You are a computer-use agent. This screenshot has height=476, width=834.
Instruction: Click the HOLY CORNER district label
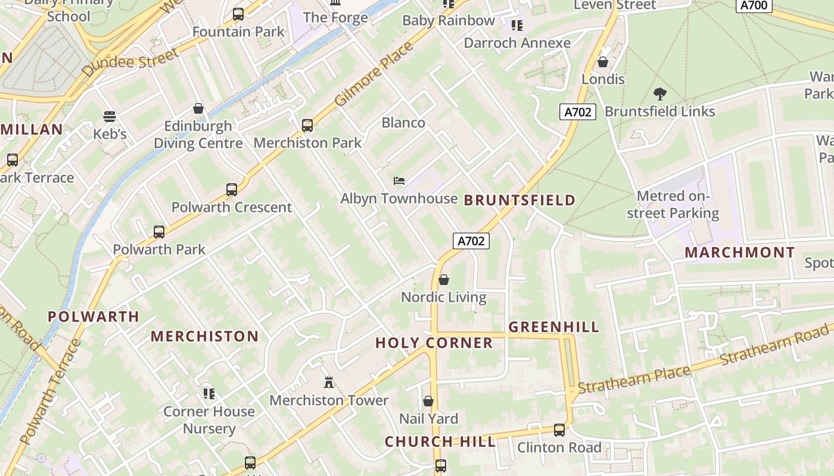coord(434,343)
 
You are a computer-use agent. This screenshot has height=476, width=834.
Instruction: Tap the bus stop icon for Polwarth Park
coord(159,232)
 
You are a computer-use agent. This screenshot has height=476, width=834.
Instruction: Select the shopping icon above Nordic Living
coord(444,280)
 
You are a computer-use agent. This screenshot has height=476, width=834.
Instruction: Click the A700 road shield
coord(754,6)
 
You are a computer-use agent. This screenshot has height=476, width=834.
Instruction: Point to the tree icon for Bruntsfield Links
coord(659,93)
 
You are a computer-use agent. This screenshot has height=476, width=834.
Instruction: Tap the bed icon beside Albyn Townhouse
coord(399,181)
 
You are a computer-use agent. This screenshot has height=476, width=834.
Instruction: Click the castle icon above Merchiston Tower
coord(328,382)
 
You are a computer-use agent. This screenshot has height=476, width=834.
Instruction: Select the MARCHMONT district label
coord(739,252)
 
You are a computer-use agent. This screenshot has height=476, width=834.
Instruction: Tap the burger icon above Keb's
coord(110,116)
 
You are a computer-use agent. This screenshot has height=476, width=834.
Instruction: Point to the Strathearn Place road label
coord(634,380)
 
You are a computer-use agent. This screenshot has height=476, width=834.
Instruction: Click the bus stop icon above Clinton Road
coord(559,430)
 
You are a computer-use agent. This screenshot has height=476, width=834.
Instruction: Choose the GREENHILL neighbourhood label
coord(554,327)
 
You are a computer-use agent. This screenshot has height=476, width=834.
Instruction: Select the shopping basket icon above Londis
coord(603,62)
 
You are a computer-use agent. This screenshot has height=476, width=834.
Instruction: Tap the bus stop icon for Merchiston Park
coord(307,125)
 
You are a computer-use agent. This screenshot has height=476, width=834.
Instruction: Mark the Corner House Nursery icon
coord(208,393)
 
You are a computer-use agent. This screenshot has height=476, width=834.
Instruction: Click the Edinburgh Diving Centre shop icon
coord(198,108)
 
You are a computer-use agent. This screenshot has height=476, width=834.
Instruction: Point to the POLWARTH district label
coord(94,317)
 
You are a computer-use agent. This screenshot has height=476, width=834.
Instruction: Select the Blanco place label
coord(403,123)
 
